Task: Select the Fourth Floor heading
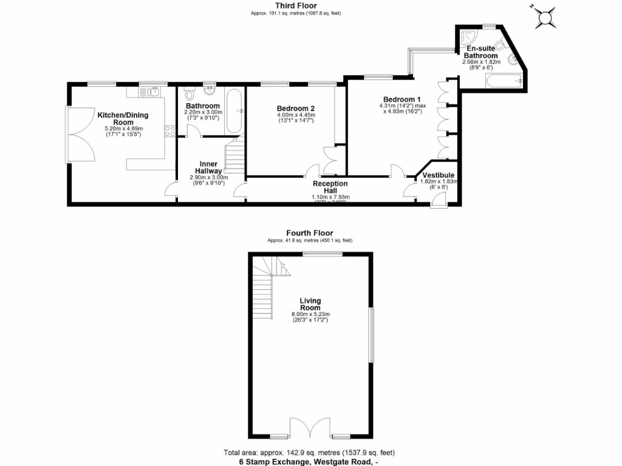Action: point(310,233)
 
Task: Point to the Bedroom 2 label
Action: point(295,109)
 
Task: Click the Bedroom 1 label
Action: point(402,100)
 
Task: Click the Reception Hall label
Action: point(330,187)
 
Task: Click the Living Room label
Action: point(310,304)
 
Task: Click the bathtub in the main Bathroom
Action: point(235,112)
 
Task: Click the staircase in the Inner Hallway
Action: point(234,156)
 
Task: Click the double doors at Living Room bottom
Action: point(310,428)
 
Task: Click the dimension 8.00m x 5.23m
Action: point(310,314)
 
